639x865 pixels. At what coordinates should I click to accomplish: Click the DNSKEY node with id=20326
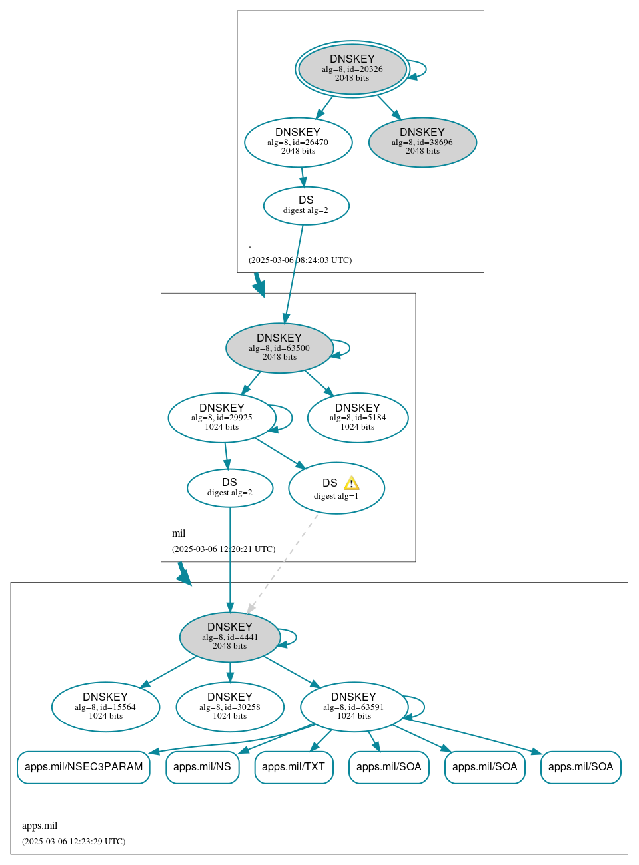[x=352, y=69]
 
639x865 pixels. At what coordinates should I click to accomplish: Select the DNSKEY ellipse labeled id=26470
[x=298, y=142]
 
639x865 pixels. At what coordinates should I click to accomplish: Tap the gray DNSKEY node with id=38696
[x=422, y=142]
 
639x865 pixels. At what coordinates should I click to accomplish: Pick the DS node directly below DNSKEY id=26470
[x=306, y=206]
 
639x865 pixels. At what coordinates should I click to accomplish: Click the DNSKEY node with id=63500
[x=279, y=348]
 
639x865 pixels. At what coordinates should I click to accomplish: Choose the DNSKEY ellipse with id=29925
[x=221, y=418]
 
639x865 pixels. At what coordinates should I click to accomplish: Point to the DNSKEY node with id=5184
[x=358, y=418]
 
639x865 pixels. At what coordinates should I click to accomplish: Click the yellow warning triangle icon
[x=351, y=483]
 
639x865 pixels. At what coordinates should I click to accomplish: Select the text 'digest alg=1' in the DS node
[x=336, y=496]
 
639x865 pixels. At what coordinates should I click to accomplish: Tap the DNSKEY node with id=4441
[x=230, y=637]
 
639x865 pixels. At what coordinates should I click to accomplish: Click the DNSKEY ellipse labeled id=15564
[x=105, y=707]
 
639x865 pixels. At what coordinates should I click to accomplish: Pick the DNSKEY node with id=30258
[x=230, y=707]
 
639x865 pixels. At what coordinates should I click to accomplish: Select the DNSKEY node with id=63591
[x=354, y=707]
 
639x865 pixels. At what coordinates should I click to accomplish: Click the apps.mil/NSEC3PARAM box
[x=83, y=767]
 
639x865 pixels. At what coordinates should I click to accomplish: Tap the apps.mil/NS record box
[x=202, y=767]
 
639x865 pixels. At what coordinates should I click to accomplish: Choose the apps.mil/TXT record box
[x=293, y=767]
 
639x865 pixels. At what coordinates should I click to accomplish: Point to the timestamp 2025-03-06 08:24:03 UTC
[x=300, y=260]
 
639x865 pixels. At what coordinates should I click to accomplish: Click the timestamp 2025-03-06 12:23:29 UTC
[x=73, y=842]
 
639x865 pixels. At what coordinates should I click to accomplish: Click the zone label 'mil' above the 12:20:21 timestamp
[x=179, y=533]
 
